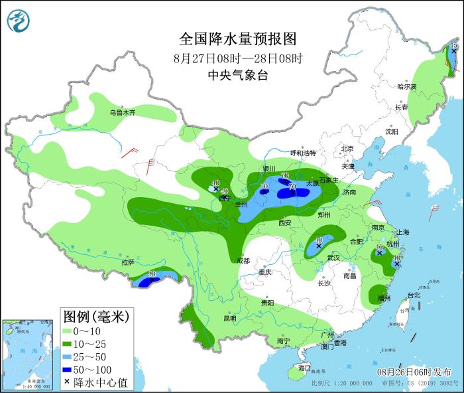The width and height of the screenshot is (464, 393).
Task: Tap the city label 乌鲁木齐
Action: [123, 113]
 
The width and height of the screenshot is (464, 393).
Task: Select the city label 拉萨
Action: [128, 262]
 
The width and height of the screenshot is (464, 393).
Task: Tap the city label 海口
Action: [304, 367]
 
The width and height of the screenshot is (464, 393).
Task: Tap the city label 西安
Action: [285, 223]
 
